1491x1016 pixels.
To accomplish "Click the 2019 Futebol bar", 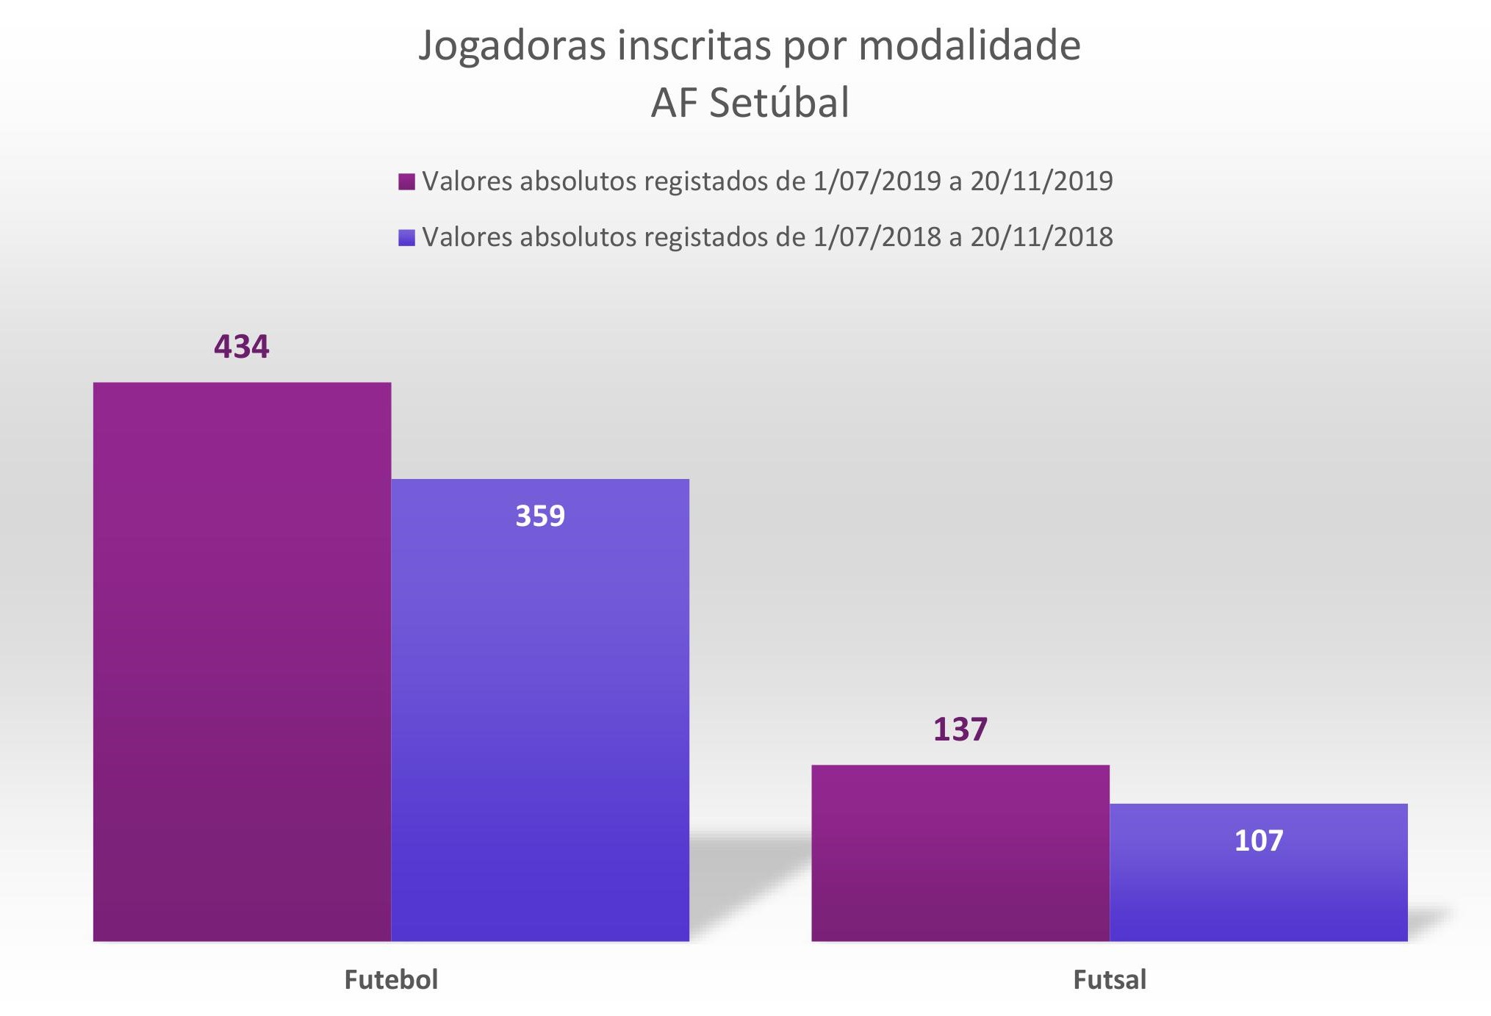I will click(x=242, y=661).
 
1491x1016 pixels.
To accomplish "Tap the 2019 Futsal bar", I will click(x=960, y=852).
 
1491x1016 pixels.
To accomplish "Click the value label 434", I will click(x=242, y=347).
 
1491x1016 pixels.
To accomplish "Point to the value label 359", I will click(x=540, y=516).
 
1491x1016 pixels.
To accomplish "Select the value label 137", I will click(x=960, y=729).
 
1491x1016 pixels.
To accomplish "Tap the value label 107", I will click(x=1258, y=840).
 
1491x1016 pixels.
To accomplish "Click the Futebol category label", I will click(x=391, y=980).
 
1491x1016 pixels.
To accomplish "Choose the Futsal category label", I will click(x=1109, y=980).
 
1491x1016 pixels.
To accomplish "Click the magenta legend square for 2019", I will click(x=406, y=181).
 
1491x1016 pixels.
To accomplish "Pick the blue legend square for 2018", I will click(x=406, y=237).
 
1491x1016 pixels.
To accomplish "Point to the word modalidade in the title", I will click(x=969, y=46).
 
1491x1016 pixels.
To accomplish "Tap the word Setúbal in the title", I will click(x=779, y=103).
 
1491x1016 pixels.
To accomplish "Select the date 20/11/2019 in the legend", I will click(x=1041, y=181).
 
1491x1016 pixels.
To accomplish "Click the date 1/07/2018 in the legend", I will click(x=877, y=237).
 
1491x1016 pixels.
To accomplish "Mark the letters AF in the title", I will click(x=673, y=103).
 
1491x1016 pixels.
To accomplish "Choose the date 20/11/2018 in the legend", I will click(x=1041, y=237).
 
